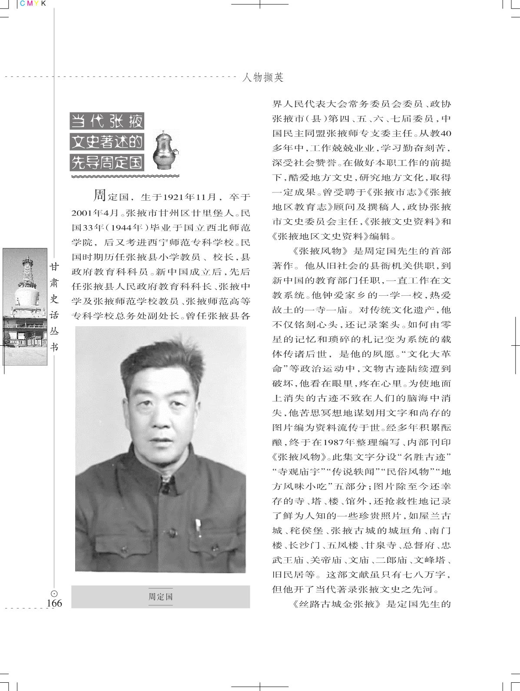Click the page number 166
54,603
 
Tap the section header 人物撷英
263,78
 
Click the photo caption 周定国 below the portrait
161,596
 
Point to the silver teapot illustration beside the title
167,150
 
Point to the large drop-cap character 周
100,196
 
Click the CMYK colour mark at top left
33,4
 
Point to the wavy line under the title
125,176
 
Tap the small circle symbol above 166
54,593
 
